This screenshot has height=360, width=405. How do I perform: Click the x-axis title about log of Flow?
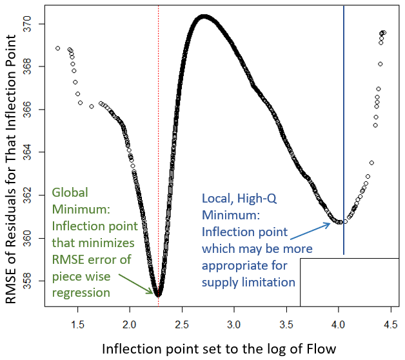219,348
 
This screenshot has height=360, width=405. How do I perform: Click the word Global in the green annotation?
70,193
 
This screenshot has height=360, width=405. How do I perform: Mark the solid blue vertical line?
343,129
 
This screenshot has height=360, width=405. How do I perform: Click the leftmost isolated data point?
58,48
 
